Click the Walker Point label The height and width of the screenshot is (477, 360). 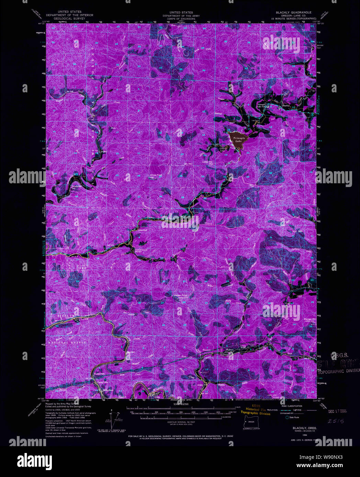tap(181, 296)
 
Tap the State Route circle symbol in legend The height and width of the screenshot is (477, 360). tap(282, 417)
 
